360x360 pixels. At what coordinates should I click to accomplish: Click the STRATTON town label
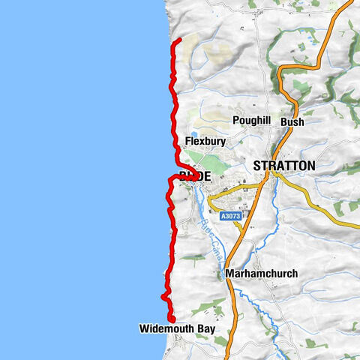click(x=284, y=166)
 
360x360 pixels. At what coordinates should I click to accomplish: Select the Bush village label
click(x=292, y=121)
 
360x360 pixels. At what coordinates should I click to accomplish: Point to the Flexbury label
click(x=205, y=141)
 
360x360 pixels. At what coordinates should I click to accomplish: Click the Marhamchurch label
click(x=261, y=274)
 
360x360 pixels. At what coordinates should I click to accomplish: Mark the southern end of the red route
click(x=172, y=320)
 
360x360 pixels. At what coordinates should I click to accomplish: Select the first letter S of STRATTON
click(x=258, y=166)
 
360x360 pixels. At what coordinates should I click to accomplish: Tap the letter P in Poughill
click(x=235, y=121)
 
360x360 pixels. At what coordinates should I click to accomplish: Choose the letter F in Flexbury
click(x=187, y=141)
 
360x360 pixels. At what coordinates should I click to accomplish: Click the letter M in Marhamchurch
click(x=229, y=274)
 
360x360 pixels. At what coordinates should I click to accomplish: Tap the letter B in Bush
click(x=283, y=121)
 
